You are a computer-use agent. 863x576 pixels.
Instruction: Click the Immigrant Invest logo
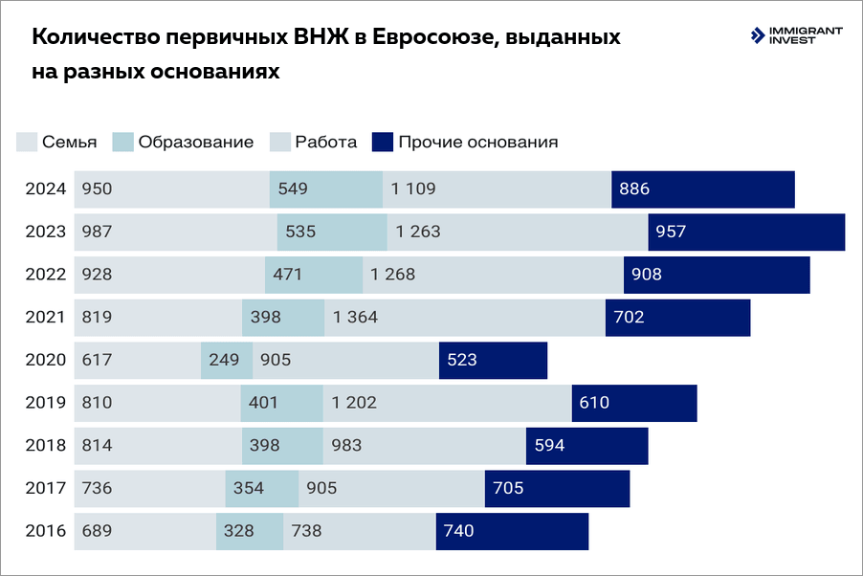(797, 35)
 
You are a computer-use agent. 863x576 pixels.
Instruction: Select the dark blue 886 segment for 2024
(703, 189)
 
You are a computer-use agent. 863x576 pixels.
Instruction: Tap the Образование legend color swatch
(122, 142)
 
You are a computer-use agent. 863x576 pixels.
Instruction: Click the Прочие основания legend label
(477, 142)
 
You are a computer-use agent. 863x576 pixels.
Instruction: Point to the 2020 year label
(45, 361)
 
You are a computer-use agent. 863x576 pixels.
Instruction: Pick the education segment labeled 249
(227, 361)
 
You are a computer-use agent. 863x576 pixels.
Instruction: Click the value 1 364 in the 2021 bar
(355, 318)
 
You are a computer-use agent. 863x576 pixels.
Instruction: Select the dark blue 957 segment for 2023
(746, 233)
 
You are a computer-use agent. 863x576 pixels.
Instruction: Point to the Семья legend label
(69, 142)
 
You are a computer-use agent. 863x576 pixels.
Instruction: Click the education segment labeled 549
(325, 189)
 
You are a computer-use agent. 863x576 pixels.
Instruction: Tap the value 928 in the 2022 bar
(97, 275)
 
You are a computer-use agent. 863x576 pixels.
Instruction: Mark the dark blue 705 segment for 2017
(557, 489)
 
